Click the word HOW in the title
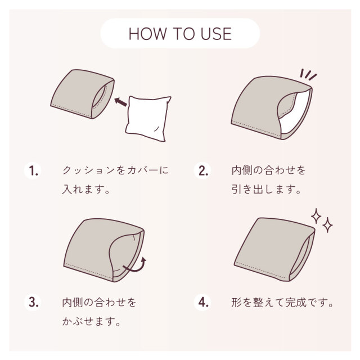tap(147, 34)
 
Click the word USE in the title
tap(216, 34)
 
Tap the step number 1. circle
tap(33, 171)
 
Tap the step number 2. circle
tap(202, 171)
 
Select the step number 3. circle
tap(33, 302)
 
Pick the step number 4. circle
tap(202, 302)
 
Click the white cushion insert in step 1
tap(148, 118)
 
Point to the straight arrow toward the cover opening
tap(120, 102)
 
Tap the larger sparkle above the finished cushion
tap(316, 216)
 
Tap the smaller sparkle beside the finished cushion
tap(327, 225)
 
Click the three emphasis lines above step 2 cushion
tap(308, 74)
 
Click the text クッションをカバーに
tap(115, 170)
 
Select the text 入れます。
tap(86, 190)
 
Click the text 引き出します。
tap(266, 190)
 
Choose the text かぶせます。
tap(91, 321)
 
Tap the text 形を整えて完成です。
tap(282, 302)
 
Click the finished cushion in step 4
tap(274, 250)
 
